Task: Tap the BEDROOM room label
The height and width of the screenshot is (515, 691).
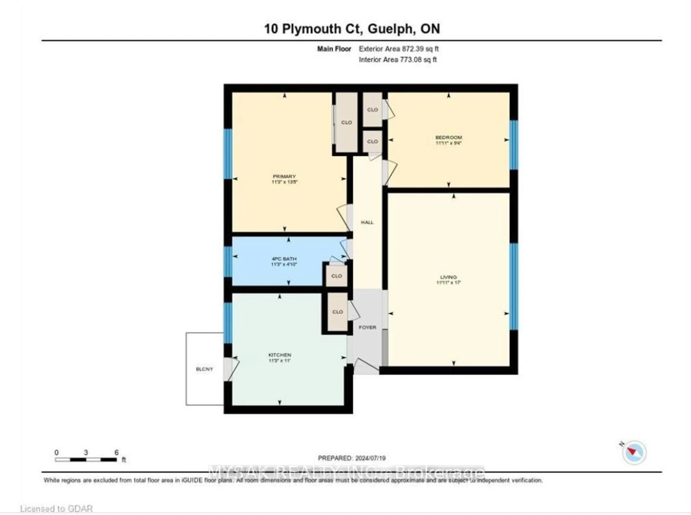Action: tap(448, 138)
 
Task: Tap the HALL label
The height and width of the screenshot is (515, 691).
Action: tap(367, 222)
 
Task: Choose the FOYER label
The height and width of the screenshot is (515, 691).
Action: tap(367, 327)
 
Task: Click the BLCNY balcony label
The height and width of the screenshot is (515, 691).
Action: tap(204, 369)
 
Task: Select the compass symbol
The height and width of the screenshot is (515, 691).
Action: tap(634, 452)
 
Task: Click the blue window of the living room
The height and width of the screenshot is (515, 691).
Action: tap(513, 286)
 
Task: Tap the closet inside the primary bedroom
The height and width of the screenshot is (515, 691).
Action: tap(346, 123)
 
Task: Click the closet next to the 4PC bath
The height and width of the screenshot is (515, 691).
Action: tap(336, 276)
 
